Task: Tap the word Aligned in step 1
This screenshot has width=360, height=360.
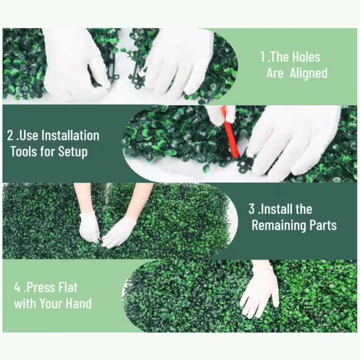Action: tap(309, 73)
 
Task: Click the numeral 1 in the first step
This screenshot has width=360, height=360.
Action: tap(263, 57)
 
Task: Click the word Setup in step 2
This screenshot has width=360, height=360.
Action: tap(73, 152)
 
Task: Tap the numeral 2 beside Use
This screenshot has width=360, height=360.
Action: tap(10, 135)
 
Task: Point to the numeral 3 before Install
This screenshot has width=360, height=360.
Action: tap(252, 209)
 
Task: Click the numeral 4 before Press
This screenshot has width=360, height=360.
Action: tap(17, 288)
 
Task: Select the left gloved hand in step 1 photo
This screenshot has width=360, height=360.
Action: tap(73, 66)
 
